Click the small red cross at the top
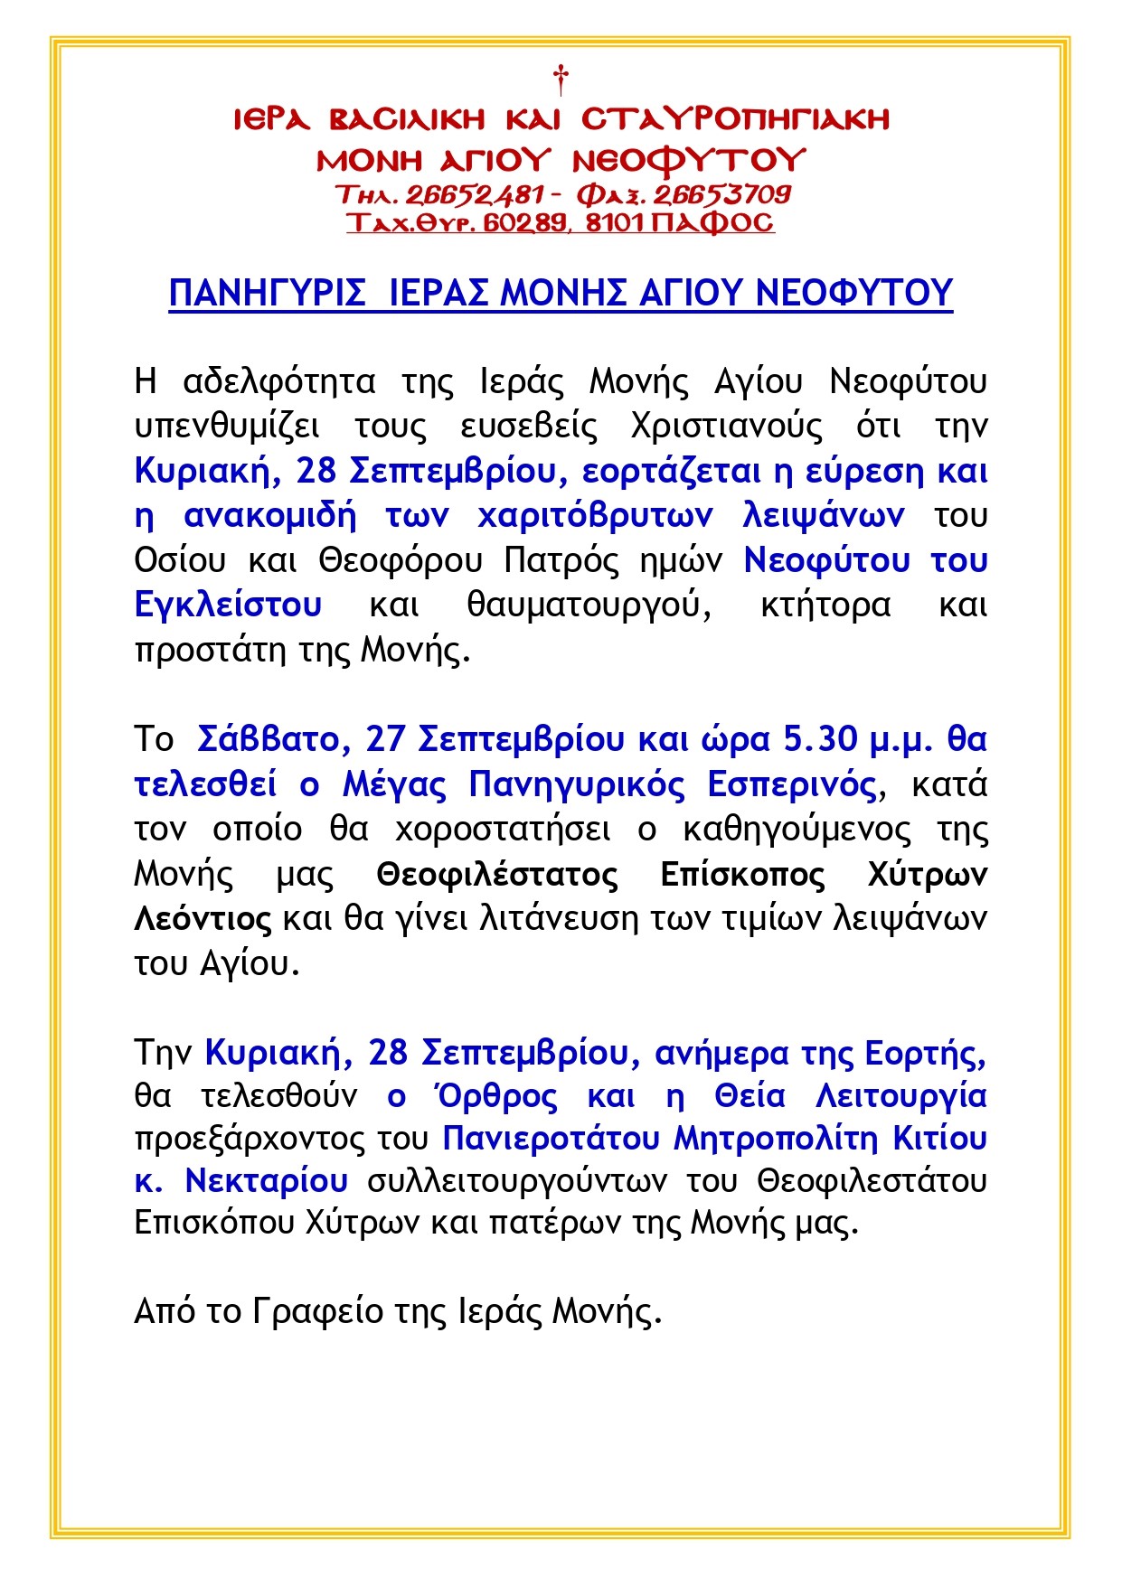pos(561,79)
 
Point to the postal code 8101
pos(615,222)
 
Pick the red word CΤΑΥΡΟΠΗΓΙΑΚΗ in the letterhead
pos(735,119)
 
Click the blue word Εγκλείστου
pos(228,605)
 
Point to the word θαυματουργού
pos(589,605)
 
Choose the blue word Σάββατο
pos(268,739)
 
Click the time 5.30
pos(819,739)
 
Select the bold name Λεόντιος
pos(203,919)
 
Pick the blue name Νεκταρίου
pos(266,1180)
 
